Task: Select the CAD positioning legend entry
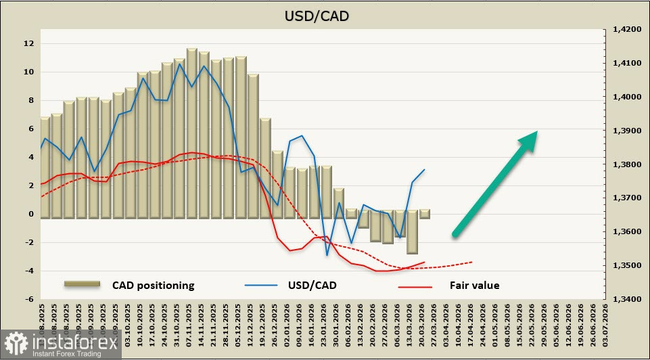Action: coord(153,286)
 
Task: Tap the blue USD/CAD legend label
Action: coord(311,286)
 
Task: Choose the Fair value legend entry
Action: coord(474,286)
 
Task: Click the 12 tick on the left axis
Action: coord(28,43)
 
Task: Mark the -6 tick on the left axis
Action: coord(28,299)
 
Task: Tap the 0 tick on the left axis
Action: coord(31,214)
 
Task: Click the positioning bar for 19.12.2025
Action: coord(253,146)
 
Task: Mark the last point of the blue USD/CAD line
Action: coord(424,170)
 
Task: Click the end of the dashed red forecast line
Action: coord(472,262)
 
